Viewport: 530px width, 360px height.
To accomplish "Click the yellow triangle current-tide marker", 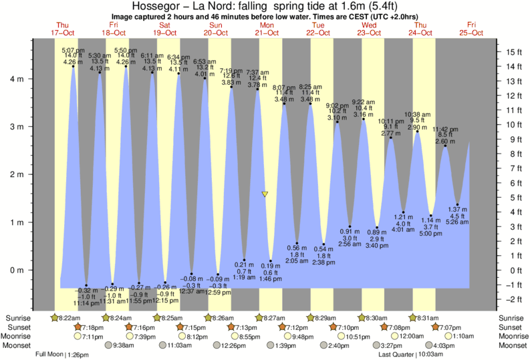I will (x=265, y=194).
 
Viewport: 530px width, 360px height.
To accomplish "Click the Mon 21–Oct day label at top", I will (x=267, y=29).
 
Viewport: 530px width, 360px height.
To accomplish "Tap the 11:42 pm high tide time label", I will (x=445, y=129).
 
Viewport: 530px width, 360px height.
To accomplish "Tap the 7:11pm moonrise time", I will (x=92, y=337).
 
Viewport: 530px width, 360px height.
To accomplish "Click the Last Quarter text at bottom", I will (x=397, y=355).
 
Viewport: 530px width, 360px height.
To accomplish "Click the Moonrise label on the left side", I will (x=18, y=337).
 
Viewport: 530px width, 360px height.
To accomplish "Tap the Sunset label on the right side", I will (x=511, y=327).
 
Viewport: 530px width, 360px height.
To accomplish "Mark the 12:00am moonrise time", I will (x=407, y=337).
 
